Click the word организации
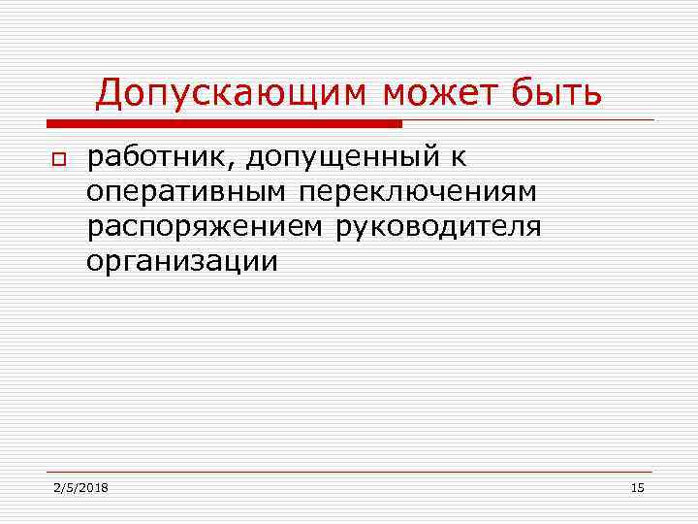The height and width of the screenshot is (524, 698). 181,261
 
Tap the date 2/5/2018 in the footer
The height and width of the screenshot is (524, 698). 80,487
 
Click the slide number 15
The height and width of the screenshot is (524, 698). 637,487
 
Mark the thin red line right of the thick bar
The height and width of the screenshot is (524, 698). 528,120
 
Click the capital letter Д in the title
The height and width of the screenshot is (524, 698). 110,94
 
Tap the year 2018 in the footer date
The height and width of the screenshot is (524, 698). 93,487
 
